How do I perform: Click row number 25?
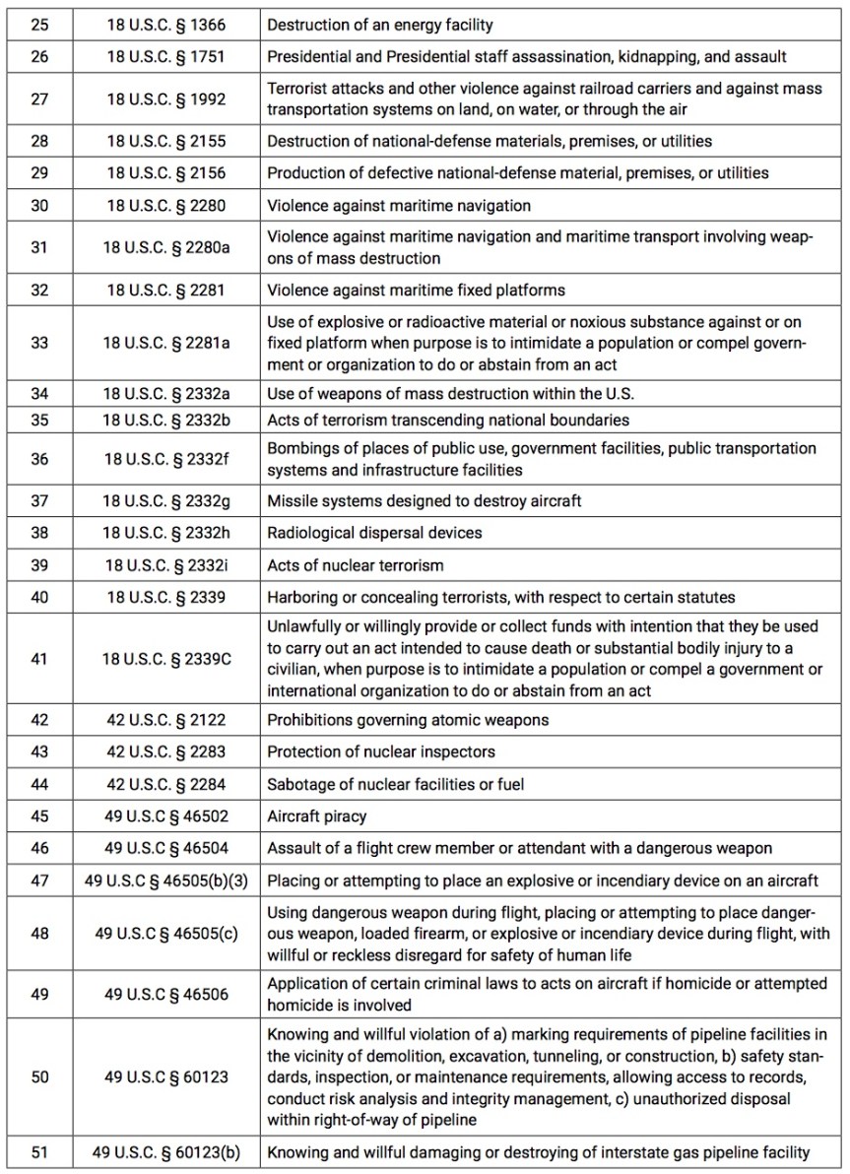tap(39, 24)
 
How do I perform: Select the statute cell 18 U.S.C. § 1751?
tap(166, 56)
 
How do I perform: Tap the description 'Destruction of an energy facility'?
tap(380, 24)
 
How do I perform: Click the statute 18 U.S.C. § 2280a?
tap(166, 247)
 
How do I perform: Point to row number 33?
tap(39, 344)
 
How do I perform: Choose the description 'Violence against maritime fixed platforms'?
tap(415, 290)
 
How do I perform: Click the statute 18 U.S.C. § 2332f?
tap(166, 459)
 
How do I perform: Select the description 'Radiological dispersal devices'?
tap(374, 533)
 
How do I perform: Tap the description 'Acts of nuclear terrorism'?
tap(356, 565)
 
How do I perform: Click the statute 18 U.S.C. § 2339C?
tap(166, 659)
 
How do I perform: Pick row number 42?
tap(39, 720)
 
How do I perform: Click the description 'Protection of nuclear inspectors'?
tap(381, 752)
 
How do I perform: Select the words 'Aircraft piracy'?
tap(316, 816)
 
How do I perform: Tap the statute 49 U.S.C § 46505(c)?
tap(166, 933)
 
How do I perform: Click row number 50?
tap(39, 1076)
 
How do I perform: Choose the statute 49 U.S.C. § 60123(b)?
tap(166, 1152)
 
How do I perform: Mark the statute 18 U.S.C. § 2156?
tap(166, 173)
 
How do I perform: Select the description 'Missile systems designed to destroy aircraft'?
tap(425, 501)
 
